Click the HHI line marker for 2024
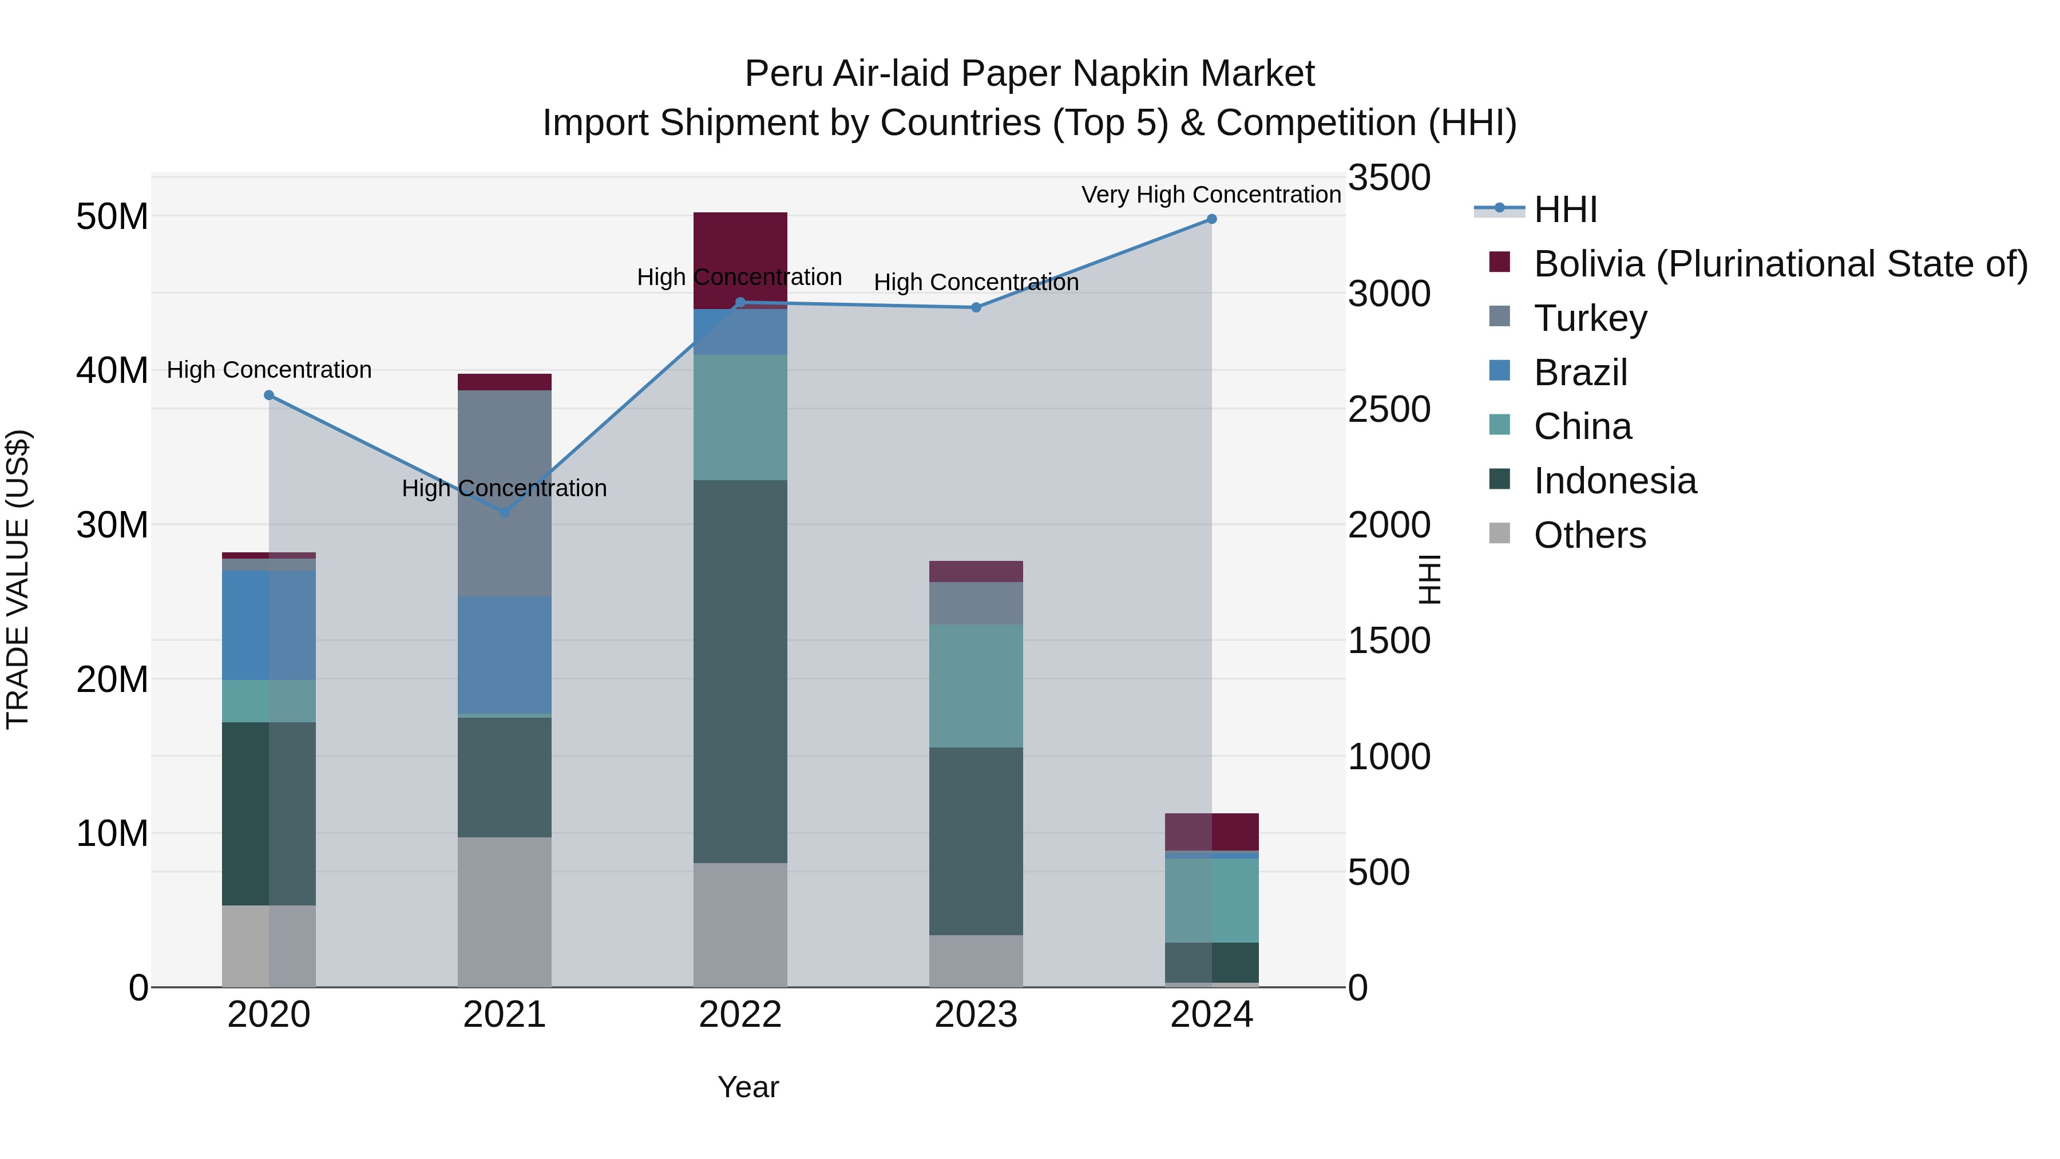(x=1211, y=219)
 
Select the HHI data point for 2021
(x=505, y=512)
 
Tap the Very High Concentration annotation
(x=1211, y=195)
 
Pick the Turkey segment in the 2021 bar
(x=505, y=493)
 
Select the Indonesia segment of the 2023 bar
(x=976, y=841)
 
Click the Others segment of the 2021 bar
(x=505, y=912)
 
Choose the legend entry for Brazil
(x=1579, y=373)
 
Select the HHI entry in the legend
(x=1565, y=209)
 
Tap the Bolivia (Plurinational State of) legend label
(x=1780, y=264)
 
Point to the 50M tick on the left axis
(x=112, y=217)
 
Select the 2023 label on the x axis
(x=976, y=1015)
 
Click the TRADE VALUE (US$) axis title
(x=18, y=579)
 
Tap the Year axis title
(x=748, y=1087)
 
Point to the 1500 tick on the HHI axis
(x=1389, y=640)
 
